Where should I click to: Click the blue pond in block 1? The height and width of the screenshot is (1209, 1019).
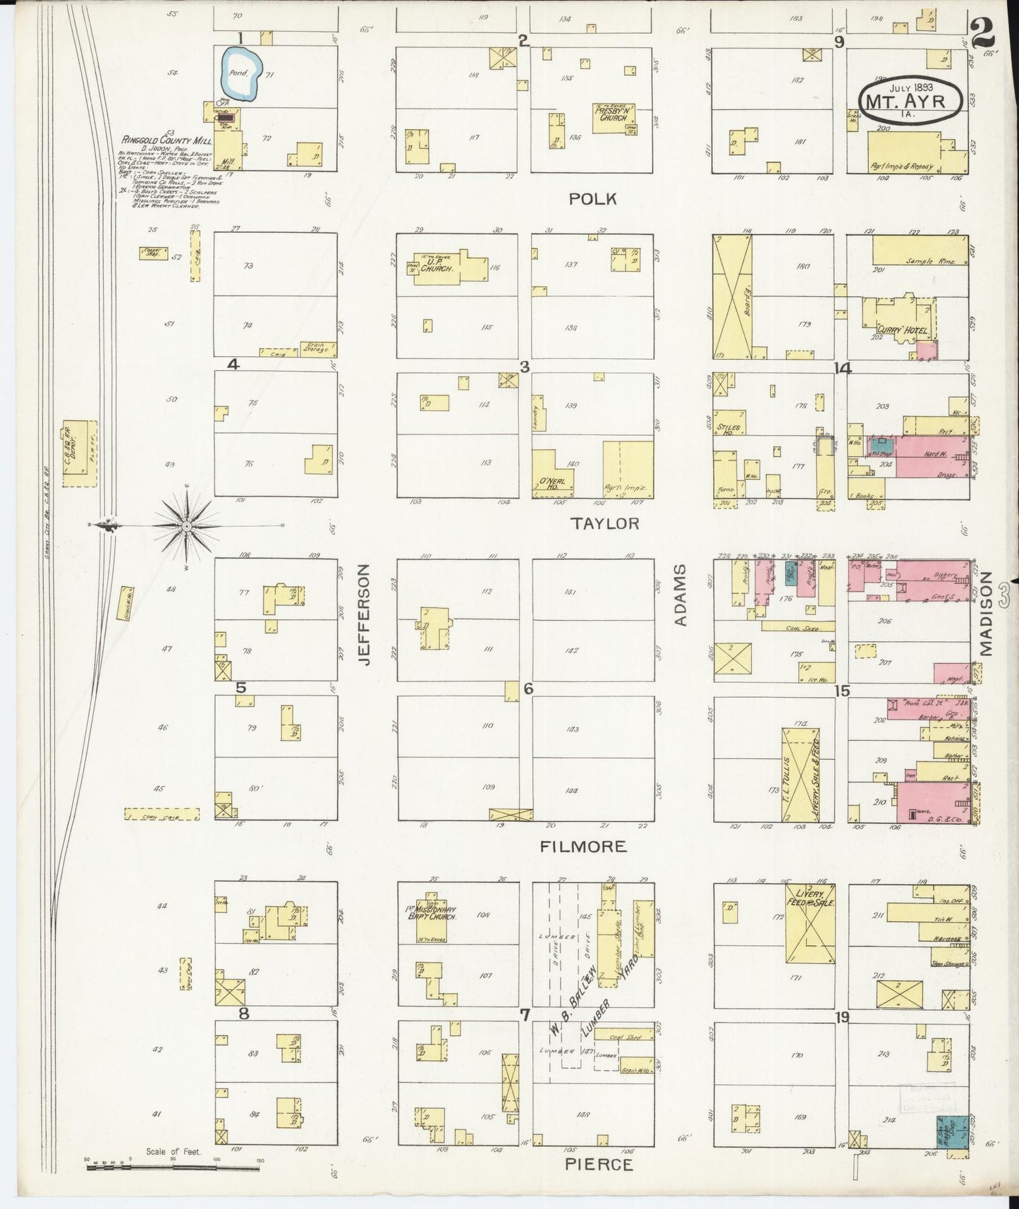242,73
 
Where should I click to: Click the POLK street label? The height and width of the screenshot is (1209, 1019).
593,199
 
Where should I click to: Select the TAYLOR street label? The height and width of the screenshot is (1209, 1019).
605,523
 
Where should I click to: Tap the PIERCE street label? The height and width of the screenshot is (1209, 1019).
599,1164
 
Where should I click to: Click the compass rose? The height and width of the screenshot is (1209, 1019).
187,526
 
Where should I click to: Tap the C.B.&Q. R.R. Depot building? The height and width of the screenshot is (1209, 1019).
79,453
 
